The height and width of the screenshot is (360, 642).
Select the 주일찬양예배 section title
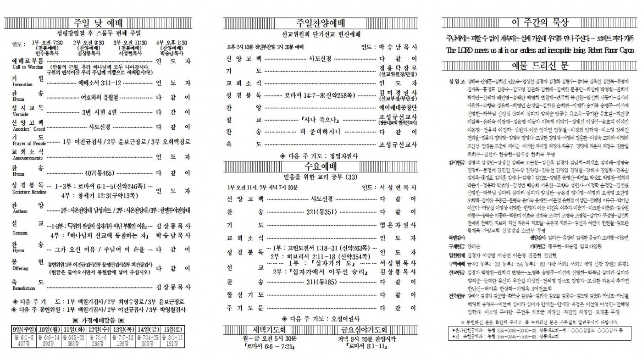(x=321, y=23)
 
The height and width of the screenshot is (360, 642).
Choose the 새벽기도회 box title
(x=260, y=330)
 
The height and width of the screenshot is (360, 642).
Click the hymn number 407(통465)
(x=100, y=173)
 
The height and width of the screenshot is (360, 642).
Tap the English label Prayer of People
(x=29, y=144)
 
